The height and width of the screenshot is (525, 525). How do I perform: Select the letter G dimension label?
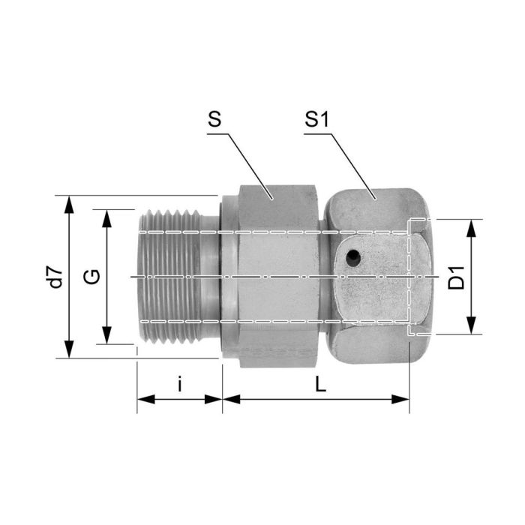pos(91,277)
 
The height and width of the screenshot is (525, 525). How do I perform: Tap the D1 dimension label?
pos(456,277)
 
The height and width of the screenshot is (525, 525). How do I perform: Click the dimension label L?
pos(320,384)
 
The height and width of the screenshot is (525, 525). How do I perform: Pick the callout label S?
pos(214,120)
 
